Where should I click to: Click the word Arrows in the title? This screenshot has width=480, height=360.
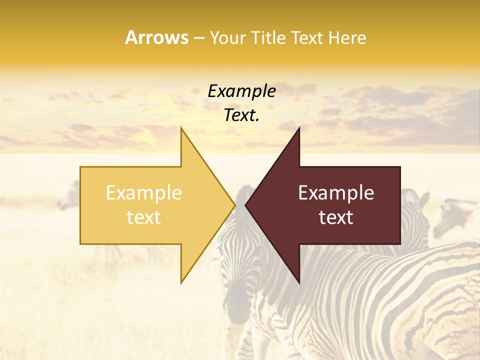pyautogui.click(x=156, y=37)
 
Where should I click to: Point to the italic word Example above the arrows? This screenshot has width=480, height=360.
pyautogui.click(x=241, y=91)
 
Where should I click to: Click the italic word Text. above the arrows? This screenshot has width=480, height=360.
pyautogui.click(x=241, y=115)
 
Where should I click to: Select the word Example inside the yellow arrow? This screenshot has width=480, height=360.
pyautogui.click(x=143, y=193)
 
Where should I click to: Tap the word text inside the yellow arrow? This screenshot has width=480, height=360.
pyautogui.click(x=143, y=217)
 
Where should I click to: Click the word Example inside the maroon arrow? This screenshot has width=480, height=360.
pyautogui.click(x=336, y=193)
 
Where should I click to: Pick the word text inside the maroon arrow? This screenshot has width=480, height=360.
pyautogui.click(x=336, y=217)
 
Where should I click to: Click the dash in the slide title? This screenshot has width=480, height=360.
pyautogui.click(x=198, y=38)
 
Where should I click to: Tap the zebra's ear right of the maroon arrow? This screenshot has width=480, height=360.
pyautogui.click(x=422, y=200)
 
